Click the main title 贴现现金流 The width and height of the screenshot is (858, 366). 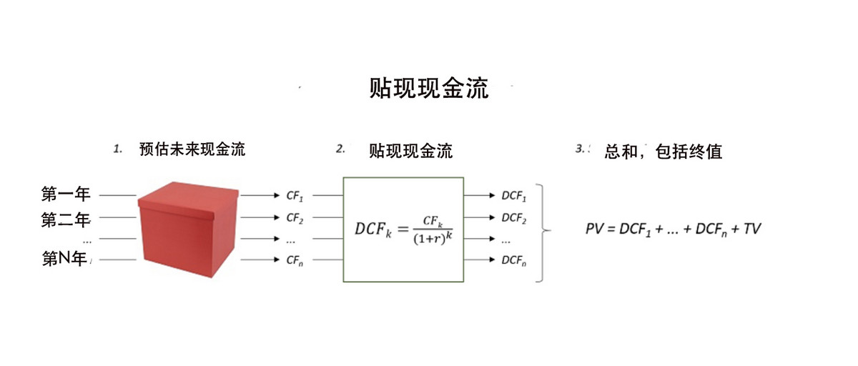pos(428,89)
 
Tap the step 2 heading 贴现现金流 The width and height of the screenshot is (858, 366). pos(410,151)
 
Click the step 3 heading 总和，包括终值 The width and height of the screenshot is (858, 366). pos(663,152)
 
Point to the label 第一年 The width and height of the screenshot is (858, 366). pos(66,194)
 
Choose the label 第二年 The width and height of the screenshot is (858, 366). pos(66,219)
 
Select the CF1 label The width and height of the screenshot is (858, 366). pos(295,194)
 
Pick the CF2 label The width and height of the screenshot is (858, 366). pos(295,217)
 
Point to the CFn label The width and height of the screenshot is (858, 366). pos(295,260)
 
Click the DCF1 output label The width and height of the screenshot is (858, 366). pos(513,194)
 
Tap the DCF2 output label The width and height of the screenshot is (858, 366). pos(513,217)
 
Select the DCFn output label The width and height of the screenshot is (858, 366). pos(513,260)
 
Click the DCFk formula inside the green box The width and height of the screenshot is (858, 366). pos(404,228)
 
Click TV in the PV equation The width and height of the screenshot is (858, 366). pos(752,229)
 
